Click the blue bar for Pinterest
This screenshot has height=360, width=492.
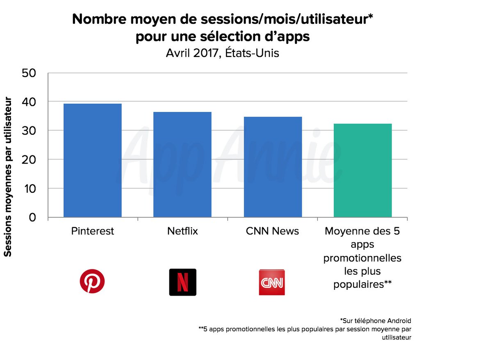[x=92, y=160]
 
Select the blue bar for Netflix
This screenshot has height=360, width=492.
[x=182, y=164]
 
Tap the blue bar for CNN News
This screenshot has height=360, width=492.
[x=273, y=167]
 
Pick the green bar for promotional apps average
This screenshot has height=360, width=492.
[x=362, y=170]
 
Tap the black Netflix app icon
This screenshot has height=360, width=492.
[x=182, y=282]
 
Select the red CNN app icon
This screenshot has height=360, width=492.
[x=271, y=282]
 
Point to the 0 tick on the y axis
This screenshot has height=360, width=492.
[x=33, y=217]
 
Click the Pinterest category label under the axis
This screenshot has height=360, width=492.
[x=92, y=231]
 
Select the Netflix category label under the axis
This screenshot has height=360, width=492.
[x=182, y=231]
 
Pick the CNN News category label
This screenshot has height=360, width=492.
[x=272, y=231]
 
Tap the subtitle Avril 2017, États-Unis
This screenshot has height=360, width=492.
[x=223, y=53]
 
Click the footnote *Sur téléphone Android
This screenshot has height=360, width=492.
[x=376, y=320]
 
